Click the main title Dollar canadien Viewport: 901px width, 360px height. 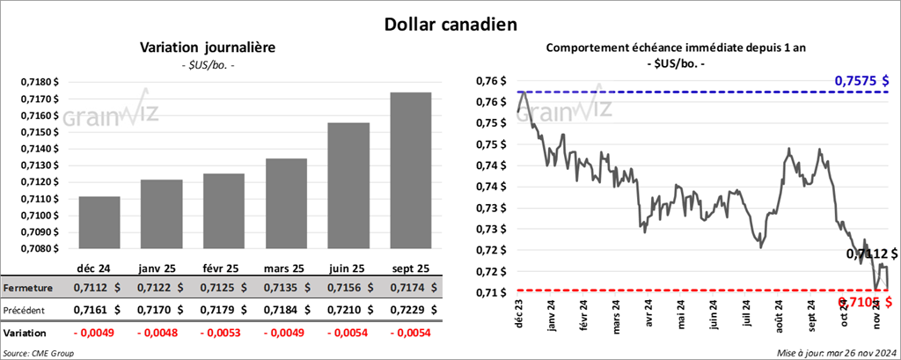click(x=450, y=23)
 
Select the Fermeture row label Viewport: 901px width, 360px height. click(x=28, y=288)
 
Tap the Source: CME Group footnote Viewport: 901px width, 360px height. click(x=39, y=353)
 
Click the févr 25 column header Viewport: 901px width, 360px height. click(x=223, y=268)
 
